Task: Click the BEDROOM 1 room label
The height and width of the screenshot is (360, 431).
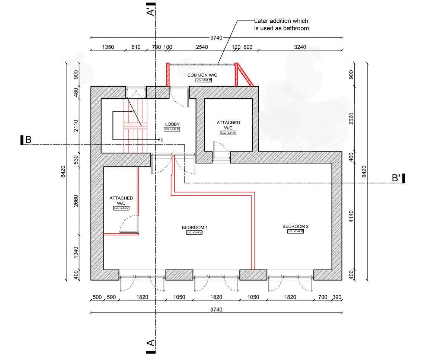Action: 195,227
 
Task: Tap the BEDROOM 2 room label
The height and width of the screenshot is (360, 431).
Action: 296,226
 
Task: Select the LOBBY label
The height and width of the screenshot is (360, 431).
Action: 172,124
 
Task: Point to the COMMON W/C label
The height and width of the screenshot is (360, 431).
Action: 202,75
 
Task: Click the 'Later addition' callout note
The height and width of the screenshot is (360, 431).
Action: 281,25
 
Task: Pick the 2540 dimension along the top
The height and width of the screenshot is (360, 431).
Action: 202,47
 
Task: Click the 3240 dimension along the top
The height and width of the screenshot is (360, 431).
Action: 300,47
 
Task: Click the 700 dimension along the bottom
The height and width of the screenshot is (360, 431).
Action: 323,297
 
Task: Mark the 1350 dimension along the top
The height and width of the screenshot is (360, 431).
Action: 108,47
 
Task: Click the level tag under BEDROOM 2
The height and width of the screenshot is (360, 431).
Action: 296,232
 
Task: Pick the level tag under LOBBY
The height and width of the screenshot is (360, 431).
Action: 172,129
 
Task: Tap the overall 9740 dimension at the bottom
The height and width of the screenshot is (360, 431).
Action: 216,309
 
